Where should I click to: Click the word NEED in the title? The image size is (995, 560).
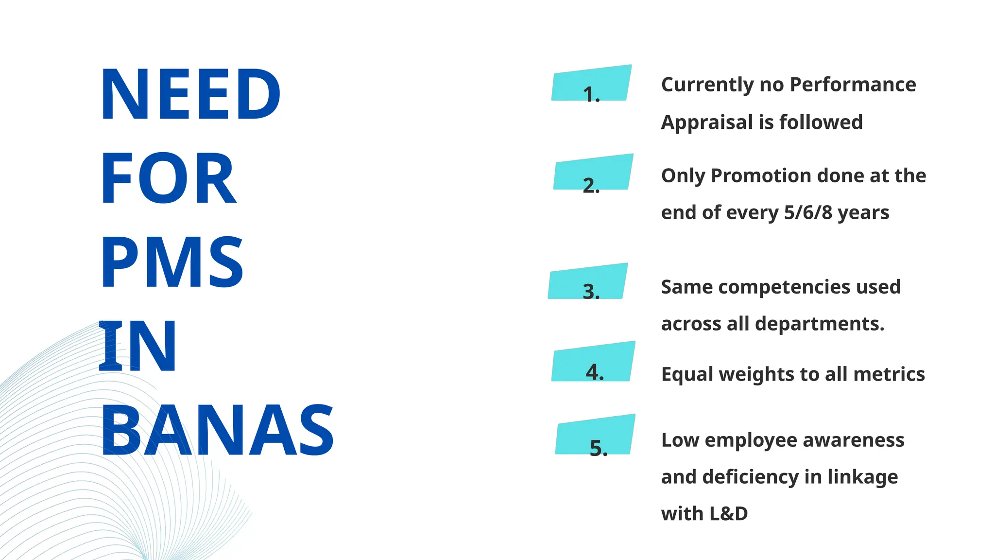(x=190, y=94)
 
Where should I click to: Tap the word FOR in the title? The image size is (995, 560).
(x=168, y=178)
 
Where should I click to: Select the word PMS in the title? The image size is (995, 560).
(x=172, y=262)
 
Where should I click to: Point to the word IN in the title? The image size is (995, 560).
(x=137, y=347)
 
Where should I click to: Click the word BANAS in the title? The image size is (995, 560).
(x=217, y=431)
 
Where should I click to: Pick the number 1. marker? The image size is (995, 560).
(x=591, y=94)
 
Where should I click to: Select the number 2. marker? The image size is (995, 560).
(x=591, y=185)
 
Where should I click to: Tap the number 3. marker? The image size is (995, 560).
(x=591, y=291)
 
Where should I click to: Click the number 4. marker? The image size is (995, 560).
(x=595, y=372)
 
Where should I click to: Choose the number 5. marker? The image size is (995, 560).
(x=598, y=448)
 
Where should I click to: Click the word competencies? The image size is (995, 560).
(x=784, y=287)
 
